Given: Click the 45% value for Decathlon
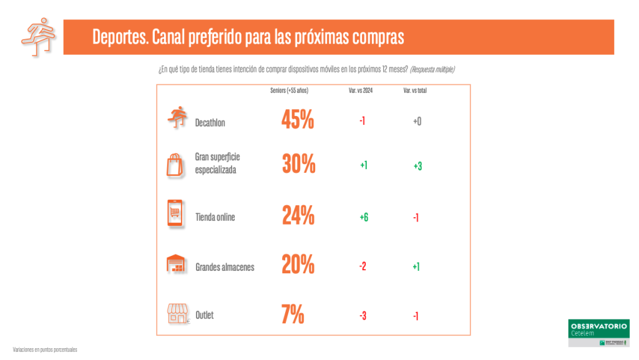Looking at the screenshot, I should pos(298,119).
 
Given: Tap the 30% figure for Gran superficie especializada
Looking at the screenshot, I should pos(299,164).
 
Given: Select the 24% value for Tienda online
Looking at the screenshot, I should pos(298,215).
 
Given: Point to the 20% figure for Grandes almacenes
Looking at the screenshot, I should pos(298,265).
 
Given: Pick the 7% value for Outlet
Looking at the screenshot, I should pos(293,314).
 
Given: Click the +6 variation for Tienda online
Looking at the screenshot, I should pos(363,216).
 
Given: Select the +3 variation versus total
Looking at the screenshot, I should pos(417,166).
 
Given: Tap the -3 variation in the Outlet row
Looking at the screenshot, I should pos(363,316).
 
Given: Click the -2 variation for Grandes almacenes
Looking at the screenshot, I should pos(363,266).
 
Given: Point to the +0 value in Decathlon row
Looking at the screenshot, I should pos(417,121).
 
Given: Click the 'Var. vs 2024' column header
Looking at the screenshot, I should pos(361,90).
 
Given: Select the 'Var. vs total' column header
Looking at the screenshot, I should pos(415,90).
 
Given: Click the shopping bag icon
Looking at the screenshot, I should pos(175,165).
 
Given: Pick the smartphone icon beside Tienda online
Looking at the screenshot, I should pos(175,215).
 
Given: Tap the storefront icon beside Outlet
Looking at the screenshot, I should pos(177,314).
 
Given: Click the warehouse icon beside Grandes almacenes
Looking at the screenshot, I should pos(175,265).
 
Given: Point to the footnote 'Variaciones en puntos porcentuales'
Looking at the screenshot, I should pos(45,349).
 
